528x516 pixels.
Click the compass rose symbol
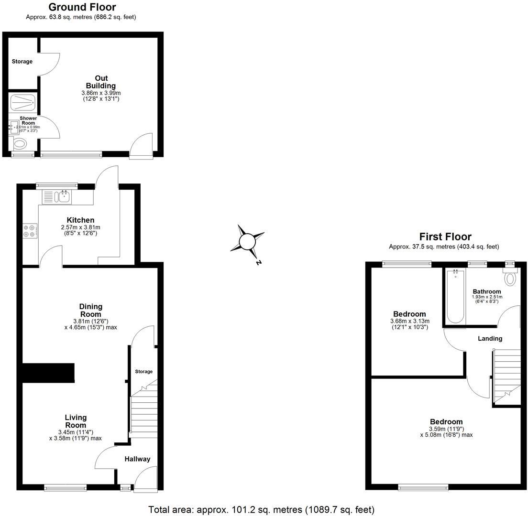(x=247, y=241)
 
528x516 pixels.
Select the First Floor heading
(x=445, y=236)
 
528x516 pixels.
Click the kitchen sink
(x=63, y=196)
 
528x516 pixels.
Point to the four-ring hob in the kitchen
(x=30, y=231)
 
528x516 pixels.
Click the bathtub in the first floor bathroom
(x=454, y=296)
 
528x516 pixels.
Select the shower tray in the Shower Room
(x=22, y=101)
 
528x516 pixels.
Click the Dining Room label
(x=91, y=310)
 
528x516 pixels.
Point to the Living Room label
(x=76, y=421)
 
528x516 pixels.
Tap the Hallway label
(x=137, y=459)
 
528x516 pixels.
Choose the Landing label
(x=490, y=338)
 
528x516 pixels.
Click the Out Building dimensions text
(x=101, y=96)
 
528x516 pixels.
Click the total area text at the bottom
(x=261, y=509)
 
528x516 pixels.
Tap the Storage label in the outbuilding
(x=22, y=61)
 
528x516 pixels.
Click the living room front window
(x=65, y=487)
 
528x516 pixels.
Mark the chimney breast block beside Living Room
(x=48, y=373)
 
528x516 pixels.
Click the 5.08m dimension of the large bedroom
(x=446, y=435)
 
